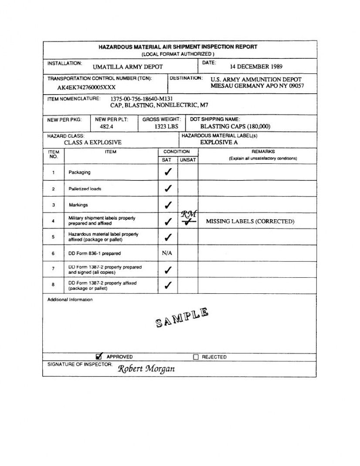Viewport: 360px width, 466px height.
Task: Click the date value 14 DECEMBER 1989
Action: [256, 67]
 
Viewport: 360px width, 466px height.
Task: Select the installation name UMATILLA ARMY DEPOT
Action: [128, 67]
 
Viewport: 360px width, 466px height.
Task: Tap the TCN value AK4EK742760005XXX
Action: [87, 87]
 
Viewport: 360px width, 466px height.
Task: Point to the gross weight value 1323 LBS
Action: [166, 126]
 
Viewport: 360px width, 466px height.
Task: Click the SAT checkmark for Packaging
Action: [168, 172]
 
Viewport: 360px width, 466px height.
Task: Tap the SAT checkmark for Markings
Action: [168, 205]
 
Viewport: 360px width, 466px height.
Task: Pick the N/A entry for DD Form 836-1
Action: [167, 253]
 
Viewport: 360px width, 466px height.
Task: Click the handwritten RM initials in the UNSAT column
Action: [189, 214]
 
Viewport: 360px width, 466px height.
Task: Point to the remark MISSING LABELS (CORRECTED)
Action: [250, 221]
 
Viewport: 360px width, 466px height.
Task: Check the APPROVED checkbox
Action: [99, 356]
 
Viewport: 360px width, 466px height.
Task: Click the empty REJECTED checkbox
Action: [196, 357]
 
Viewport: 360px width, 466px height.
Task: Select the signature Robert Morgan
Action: [146, 369]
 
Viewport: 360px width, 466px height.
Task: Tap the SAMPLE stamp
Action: [182, 317]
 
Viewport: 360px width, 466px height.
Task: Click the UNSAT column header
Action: [188, 160]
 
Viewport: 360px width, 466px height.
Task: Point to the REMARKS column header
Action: [263, 152]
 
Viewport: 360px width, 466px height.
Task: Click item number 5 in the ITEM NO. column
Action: [53, 237]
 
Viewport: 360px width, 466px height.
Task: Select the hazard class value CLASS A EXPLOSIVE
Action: [93, 143]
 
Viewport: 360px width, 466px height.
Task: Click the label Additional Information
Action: [70, 300]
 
